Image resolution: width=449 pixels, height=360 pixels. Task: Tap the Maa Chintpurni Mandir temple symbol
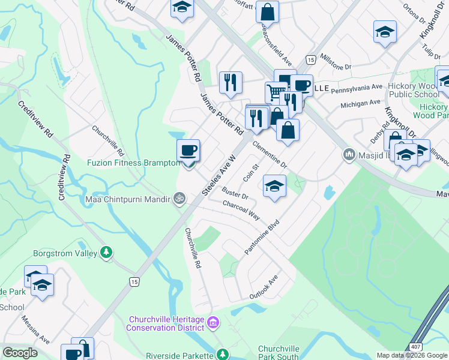178,198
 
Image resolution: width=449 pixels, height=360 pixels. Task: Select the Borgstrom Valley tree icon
106,253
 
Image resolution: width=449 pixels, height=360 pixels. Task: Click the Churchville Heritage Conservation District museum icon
212,324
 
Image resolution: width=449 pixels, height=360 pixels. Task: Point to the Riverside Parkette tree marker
223,354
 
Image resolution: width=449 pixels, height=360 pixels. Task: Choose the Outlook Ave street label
265,289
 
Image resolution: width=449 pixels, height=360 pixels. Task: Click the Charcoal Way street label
241,211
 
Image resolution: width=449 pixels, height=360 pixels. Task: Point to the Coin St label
250,173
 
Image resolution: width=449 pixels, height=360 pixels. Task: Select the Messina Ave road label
35,331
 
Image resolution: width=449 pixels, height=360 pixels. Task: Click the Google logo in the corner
20,353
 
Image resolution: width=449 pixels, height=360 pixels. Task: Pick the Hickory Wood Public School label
414,91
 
